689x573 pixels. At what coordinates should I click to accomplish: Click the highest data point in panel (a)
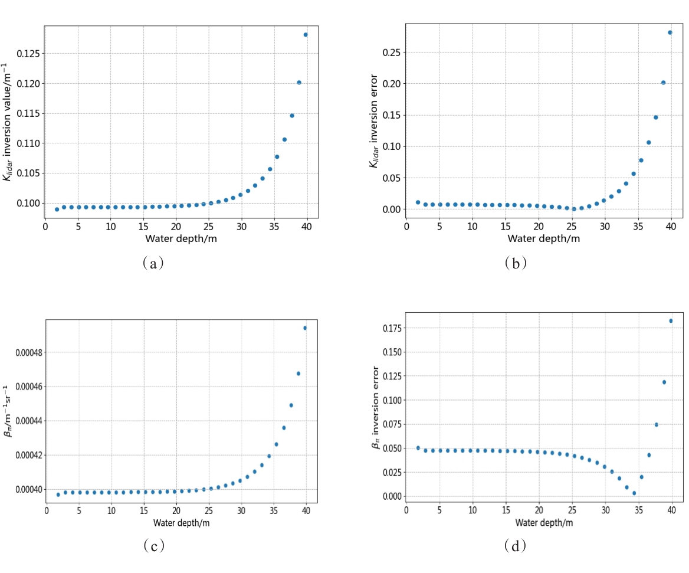click(306, 35)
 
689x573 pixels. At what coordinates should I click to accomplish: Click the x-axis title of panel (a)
click(182, 238)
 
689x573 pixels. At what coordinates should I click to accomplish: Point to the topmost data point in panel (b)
click(670, 32)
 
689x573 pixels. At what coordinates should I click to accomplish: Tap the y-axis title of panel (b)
click(374, 136)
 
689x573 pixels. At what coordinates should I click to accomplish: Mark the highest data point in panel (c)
click(305, 328)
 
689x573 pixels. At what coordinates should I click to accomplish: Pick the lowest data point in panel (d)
click(634, 493)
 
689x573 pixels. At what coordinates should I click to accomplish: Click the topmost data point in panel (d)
click(671, 321)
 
